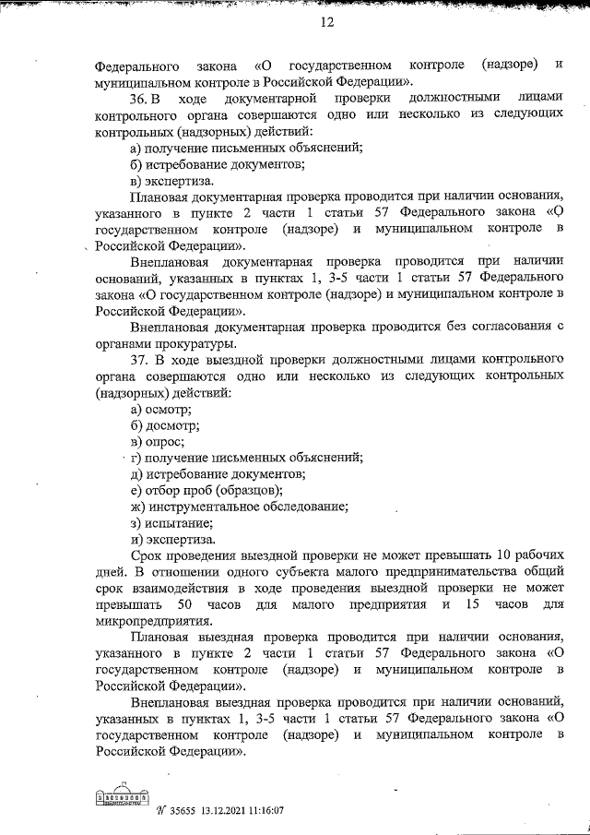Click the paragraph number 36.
click(x=141, y=100)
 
